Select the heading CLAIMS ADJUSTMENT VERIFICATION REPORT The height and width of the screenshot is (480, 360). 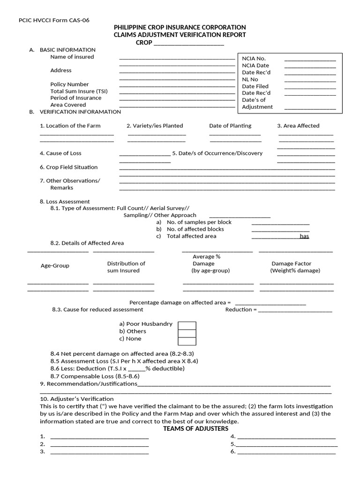pos(180,35)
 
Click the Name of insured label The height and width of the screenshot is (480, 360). pos(72,57)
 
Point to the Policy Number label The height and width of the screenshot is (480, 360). pos(69,84)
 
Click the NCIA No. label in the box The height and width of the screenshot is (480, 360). pos(254,59)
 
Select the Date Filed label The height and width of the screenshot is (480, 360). pos(255,86)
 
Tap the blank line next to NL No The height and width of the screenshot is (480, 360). pos(310,80)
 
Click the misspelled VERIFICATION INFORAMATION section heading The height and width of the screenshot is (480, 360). pos(80,112)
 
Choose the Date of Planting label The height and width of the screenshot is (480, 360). pos(230,126)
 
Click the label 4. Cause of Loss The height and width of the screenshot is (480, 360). pos(60,153)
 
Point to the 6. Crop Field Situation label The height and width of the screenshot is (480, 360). pos(69,167)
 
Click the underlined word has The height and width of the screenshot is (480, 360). pos(305,236)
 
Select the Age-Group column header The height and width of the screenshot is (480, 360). pos(55,266)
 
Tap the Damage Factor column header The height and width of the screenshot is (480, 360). pos(291,263)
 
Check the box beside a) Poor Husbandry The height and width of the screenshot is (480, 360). pos(187,326)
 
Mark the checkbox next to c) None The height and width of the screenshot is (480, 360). pos(187,341)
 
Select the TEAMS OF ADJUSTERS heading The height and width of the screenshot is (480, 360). pos(195,428)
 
